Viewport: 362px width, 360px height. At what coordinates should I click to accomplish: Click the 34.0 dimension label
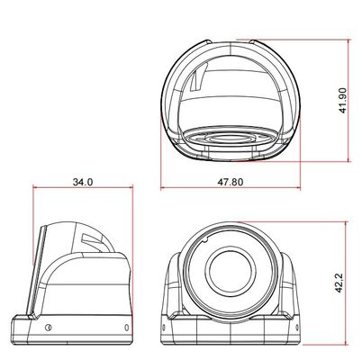pos(82,183)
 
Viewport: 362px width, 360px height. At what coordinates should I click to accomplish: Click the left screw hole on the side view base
pos(48,328)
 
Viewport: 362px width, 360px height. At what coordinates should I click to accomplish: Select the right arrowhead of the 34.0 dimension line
pos(132,190)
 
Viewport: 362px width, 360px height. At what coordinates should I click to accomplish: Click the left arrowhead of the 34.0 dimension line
pos(35,190)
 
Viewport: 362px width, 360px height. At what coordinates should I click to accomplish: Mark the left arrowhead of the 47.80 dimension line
pos(163,190)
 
